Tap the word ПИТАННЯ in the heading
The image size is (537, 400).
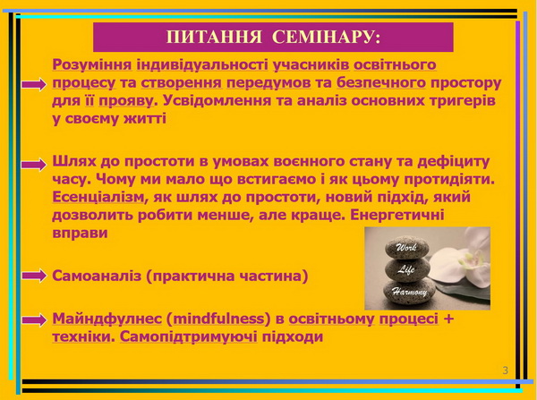(x=214, y=37)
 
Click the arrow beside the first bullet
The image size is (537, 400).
(x=34, y=84)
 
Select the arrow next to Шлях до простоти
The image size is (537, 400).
(x=34, y=165)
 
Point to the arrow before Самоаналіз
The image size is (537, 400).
(x=34, y=276)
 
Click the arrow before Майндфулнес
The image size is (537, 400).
(x=34, y=319)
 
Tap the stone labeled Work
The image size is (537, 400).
(x=407, y=247)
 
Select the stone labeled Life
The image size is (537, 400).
(x=407, y=270)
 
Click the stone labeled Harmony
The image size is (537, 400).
(x=409, y=292)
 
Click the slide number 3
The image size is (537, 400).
(x=505, y=370)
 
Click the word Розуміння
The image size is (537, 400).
(x=92, y=64)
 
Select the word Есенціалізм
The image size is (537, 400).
(x=98, y=197)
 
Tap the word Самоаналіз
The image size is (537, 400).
(x=97, y=276)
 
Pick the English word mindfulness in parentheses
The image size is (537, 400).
(x=219, y=319)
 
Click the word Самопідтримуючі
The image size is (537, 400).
(x=188, y=337)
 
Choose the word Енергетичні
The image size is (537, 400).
(x=396, y=216)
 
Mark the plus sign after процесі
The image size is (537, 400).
(x=448, y=319)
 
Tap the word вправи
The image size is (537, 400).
(x=81, y=234)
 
